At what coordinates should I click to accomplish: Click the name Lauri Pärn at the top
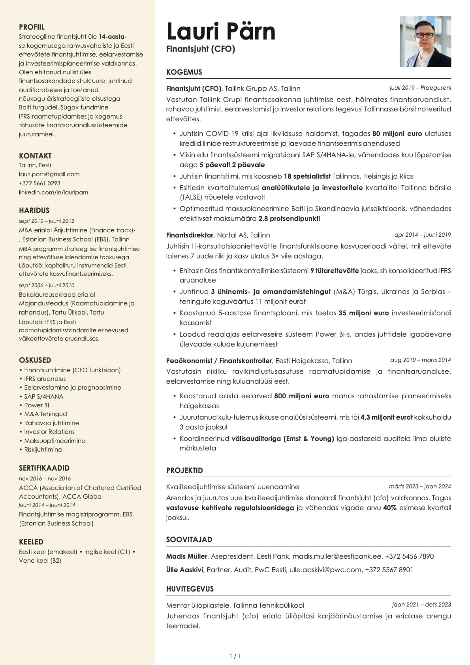point(220,32)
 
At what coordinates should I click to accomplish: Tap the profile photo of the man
point(425,41)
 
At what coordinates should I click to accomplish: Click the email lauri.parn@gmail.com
point(49,174)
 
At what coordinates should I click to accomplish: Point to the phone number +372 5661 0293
point(39,183)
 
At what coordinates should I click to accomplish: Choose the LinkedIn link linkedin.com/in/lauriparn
point(53,192)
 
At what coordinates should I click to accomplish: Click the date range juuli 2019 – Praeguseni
point(420,88)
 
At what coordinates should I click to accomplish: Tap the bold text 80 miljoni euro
point(397,134)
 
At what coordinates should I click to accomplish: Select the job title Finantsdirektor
point(190,235)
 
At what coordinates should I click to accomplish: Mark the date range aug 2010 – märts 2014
point(420,360)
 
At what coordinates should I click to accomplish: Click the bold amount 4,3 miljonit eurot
point(386,417)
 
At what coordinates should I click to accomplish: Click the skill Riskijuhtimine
point(43,450)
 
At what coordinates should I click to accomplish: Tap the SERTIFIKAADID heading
point(44,468)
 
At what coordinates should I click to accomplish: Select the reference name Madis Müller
point(186,556)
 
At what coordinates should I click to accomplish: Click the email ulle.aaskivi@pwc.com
point(325,570)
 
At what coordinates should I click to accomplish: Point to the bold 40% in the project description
point(389,508)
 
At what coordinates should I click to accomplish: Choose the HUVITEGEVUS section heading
point(190,589)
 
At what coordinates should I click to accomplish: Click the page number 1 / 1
point(235,656)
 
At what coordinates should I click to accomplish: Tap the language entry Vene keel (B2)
point(40,561)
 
